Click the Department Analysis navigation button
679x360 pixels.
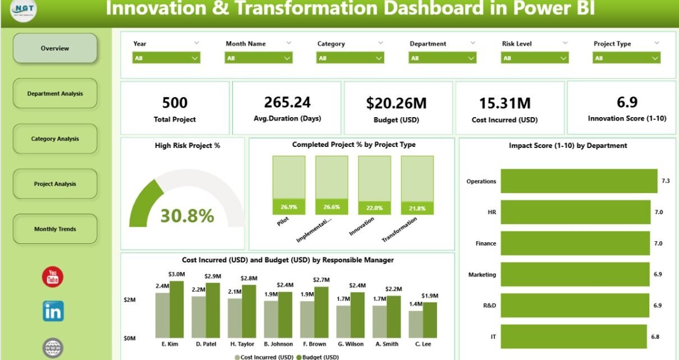click(55, 94)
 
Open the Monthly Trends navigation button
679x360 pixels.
click(55, 229)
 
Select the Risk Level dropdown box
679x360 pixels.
click(535, 58)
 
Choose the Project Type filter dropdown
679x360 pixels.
click(627, 58)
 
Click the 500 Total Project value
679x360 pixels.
click(175, 103)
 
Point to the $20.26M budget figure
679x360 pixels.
click(397, 103)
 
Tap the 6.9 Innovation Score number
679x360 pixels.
click(627, 101)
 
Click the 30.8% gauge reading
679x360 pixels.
click(187, 216)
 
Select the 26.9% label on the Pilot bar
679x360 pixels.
click(288, 207)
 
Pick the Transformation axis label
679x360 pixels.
click(400, 229)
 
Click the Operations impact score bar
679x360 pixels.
click(579, 181)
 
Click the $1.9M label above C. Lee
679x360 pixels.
click(429, 296)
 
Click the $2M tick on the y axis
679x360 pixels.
click(129, 300)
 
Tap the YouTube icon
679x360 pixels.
click(53, 277)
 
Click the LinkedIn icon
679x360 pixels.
click(53, 311)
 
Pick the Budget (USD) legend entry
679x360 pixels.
click(319, 357)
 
